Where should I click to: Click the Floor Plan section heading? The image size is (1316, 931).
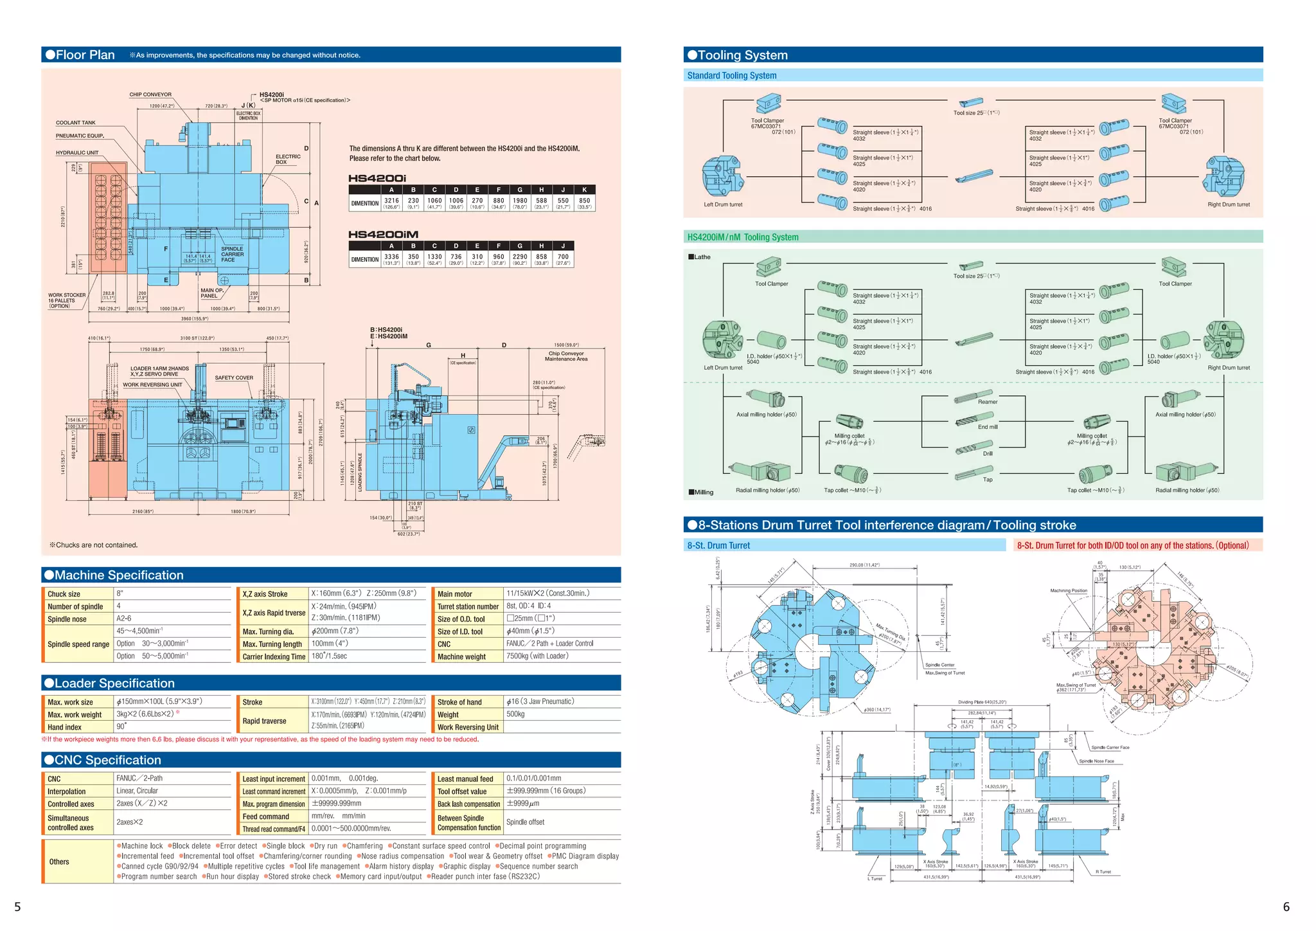click(85, 55)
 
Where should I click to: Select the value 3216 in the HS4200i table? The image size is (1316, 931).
click(391, 201)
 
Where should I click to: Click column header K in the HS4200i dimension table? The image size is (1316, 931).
click(584, 190)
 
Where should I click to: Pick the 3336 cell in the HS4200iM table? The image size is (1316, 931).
click(391, 257)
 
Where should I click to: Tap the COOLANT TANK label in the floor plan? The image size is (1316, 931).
click(75, 123)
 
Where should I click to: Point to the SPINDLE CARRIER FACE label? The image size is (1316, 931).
click(232, 255)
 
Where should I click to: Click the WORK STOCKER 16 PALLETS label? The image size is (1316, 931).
click(66, 301)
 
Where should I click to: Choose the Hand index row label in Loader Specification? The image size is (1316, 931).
click(64, 727)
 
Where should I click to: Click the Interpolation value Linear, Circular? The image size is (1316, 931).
click(137, 791)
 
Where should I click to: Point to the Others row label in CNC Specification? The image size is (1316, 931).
click(59, 862)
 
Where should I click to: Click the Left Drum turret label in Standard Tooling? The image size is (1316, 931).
click(723, 204)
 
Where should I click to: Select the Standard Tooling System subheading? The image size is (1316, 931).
click(731, 76)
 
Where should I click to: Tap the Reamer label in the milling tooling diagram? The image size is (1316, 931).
click(988, 402)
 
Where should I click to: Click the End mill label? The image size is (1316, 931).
click(988, 427)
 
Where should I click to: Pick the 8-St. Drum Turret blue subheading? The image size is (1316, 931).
click(718, 546)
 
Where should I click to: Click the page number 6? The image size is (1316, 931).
click(1286, 907)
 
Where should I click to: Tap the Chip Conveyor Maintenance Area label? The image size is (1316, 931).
click(566, 356)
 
